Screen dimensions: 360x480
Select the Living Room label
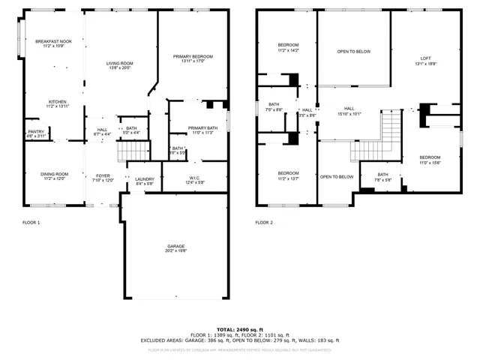tap(119, 64)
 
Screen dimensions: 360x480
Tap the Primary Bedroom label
tap(193, 57)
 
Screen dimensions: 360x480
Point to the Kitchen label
tap(58, 102)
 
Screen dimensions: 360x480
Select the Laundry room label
tap(144, 179)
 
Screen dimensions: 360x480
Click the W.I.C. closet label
tap(195, 178)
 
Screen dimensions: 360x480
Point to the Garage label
tap(175, 246)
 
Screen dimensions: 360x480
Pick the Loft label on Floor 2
tap(425, 58)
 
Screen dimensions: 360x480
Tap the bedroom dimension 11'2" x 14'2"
tap(288, 50)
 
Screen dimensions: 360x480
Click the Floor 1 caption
tap(31, 223)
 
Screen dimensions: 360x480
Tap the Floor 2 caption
tap(264, 223)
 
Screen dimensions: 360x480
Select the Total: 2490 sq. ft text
tap(240, 329)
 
